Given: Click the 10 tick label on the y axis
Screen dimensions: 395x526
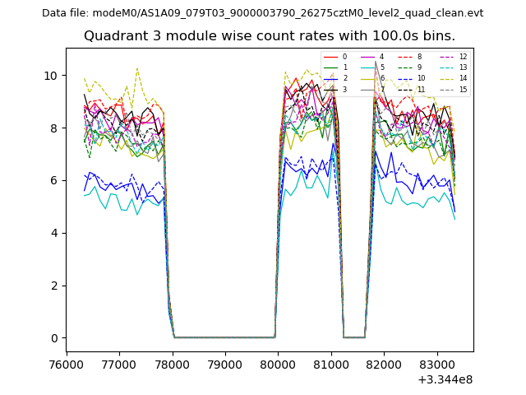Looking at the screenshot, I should pyautogui.click(x=51, y=75).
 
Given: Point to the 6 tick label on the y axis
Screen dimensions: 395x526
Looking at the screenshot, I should pyautogui.click(x=54, y=180).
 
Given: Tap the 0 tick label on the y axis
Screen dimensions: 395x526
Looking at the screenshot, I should pyautogui.click(x=54, y=338).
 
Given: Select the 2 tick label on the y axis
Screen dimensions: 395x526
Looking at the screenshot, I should pyautogui.click(x=54, y=286).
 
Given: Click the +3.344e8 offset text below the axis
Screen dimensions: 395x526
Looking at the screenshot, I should pyautogui.click(x=445, y=379).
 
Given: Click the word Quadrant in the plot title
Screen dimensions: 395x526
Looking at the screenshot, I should pyautogui.click(x=111, y=36).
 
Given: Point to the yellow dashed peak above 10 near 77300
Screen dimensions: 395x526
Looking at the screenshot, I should pyautogui.click(x=137, y=68).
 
